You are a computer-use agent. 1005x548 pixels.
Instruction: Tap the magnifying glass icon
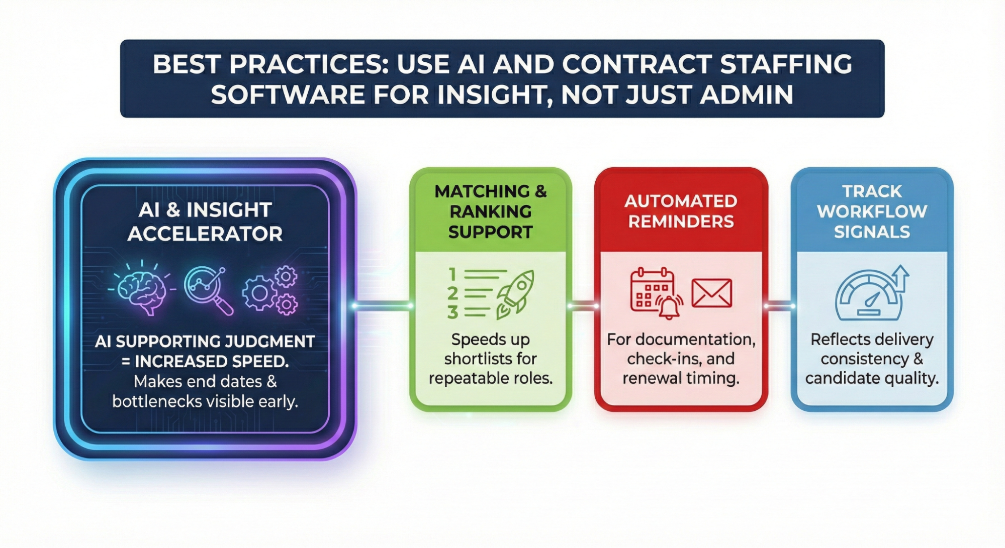[x=208, y=290]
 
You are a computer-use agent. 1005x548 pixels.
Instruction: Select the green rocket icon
[x=515, y=294]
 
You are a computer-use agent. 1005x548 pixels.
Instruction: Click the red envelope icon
[x=711, y=293]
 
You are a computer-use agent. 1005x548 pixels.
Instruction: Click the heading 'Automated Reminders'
[x=681, y=211]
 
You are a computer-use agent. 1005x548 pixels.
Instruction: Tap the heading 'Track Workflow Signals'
[x=872, y=211]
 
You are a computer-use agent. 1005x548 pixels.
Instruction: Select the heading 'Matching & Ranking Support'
[x=490, y=211]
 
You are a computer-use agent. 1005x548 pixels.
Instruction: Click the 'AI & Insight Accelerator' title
[x=205, y=222]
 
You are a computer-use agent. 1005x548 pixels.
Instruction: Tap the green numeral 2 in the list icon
[x=452, y=293]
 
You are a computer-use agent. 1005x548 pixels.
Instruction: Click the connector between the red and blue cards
[x=779, y=305]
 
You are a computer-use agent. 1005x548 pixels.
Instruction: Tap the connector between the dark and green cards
[x=383, y=305]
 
